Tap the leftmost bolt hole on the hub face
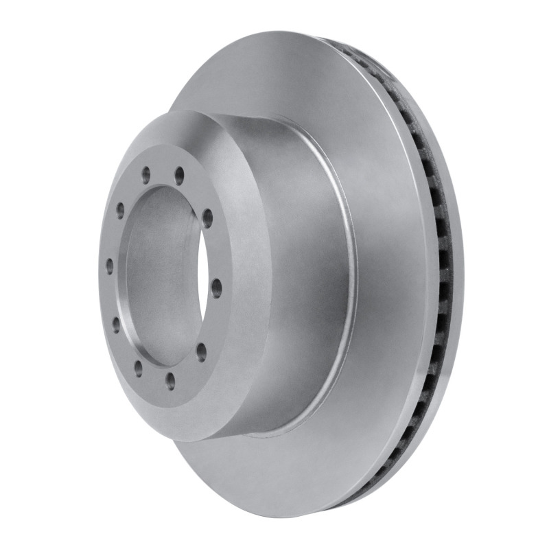pyautogui.click(x=110, y=264)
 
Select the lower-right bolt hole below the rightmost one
pyautogui.click(x=201, y=352)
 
